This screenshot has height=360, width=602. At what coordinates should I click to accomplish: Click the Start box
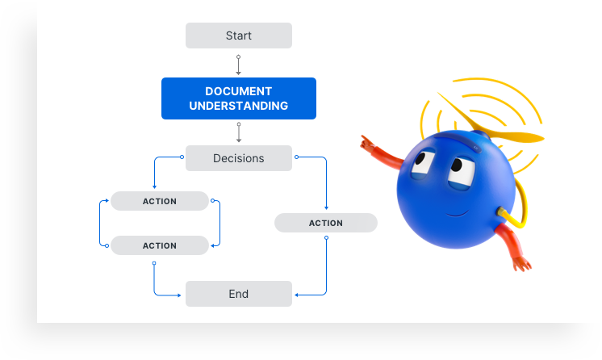tap(238, 36)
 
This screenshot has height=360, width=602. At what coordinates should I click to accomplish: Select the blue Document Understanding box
tap(238, 98)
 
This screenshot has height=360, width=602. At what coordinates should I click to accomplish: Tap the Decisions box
tap(238, 158)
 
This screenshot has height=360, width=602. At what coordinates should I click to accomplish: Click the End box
tap(238, 294)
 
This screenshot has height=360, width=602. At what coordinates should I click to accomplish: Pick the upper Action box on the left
tap(159, 201)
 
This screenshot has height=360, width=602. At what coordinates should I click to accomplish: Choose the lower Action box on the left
tap(159, 245)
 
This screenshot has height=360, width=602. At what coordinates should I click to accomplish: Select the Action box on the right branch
tap(325, 223)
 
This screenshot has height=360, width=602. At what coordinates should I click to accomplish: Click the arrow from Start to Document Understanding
tap(238, 65)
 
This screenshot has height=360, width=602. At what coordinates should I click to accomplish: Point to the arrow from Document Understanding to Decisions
tap(238, 132)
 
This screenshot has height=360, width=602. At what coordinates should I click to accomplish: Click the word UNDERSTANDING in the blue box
tap(238, 106)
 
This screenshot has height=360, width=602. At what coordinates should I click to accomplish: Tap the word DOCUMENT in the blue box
tap(238, 91)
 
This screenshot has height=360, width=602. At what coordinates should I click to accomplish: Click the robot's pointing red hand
tap(367, 143)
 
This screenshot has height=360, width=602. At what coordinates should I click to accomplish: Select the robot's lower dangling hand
tap(522, 264)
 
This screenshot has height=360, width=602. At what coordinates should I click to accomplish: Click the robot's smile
tap(457, 214)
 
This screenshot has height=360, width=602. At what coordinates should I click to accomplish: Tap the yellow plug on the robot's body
tap(500, 211)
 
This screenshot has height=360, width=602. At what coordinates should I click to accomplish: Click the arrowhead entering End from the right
tap(296, 295)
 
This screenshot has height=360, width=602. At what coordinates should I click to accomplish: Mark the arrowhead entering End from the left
tap(179, 295)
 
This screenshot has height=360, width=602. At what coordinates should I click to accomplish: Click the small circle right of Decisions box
tap(296, 157)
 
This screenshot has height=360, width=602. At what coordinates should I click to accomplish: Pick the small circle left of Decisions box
tap(182, 157)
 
